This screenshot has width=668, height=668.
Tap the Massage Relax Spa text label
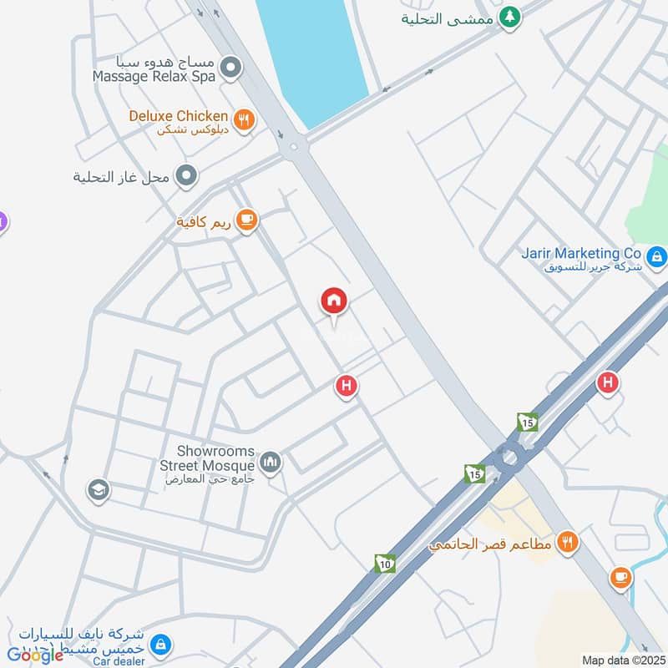(x=154, y=76)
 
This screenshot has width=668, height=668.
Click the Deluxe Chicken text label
(x=178, y=116)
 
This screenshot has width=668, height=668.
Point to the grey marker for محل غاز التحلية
(x=187, y=176)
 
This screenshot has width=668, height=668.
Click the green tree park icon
(x=509, y=16)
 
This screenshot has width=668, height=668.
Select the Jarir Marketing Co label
(x=581, y=253)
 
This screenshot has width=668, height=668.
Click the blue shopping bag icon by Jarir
(x=657, y=256)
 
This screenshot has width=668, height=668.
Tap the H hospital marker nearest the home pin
(x=346, y=387)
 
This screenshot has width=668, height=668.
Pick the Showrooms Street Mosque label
(x=215, y=458)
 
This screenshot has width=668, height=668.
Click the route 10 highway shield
(x=384, y=564)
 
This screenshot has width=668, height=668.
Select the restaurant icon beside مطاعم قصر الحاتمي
(x=568, y=542)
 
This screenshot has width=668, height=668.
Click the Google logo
(x=35, y=655)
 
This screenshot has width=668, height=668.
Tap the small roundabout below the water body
(x=293, y=148)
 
